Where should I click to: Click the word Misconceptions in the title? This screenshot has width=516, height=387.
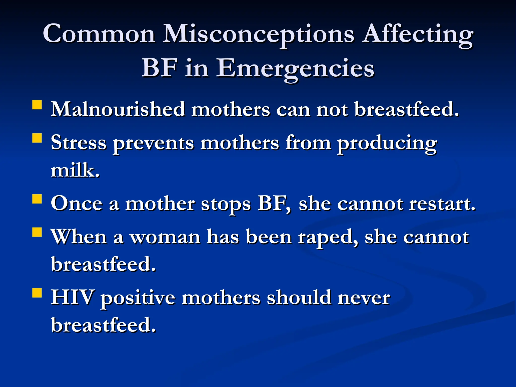pyautogui.click(x=259, y=34)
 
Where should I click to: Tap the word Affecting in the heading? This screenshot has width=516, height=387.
pyautogui.click(x=417, y=34)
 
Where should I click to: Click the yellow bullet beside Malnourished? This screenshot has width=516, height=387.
pyautogui.click(x=37, y=105)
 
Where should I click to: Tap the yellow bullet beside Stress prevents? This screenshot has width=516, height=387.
pyautogui.click(x=37, y=138)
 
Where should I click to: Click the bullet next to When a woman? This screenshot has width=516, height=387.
pyautogui.click(x=37, y=232)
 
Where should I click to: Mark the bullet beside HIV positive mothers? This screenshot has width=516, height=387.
pyautogui.click(x=37, y=293)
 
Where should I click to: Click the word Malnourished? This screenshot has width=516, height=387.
pyautogui.click(x=118, y=109)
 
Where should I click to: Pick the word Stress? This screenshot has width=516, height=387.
pyautogui.click(x=78, y=143)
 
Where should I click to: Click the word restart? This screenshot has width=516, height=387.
pyautogui.click(x=442, y=204)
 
